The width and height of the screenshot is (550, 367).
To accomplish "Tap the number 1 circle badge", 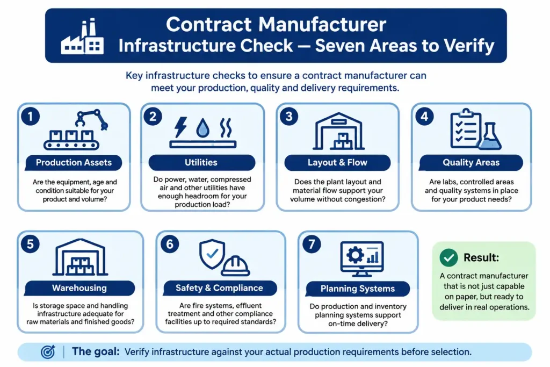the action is (x=31, y=117).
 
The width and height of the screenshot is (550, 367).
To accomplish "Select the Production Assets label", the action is (x=74, y=162).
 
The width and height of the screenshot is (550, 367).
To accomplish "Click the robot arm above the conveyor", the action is (x=91, y=119).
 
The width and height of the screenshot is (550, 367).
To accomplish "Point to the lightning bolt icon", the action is (x=180, y=127).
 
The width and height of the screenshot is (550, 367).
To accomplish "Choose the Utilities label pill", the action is (x=202, y=162).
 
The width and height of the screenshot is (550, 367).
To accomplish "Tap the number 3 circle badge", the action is (x=289, y=117).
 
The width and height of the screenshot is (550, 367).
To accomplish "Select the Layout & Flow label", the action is (x=337, y=162).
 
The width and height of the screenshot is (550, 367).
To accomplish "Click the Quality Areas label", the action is (x=471, y=162).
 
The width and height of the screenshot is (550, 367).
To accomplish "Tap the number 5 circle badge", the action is (x=30, y=244).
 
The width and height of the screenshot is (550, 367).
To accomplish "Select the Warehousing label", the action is (x=79, y=288).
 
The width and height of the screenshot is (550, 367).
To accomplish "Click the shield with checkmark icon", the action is (x=212, y=254).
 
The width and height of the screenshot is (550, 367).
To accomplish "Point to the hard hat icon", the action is (x=235, y=265).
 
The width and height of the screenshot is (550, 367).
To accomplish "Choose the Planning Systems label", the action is (x=358, y=289).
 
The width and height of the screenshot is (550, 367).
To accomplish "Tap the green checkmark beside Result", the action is (x=448, y=258).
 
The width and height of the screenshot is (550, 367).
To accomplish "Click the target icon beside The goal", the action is (x=48, y=351).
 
